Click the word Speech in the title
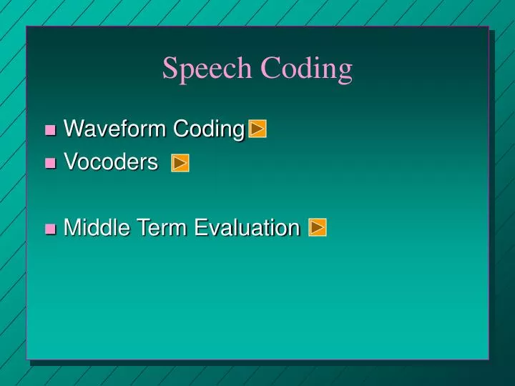[207, 69]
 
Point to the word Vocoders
[111, 163]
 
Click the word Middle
[91, 228]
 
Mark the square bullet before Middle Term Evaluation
[50, 229]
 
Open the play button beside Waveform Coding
[258, 129]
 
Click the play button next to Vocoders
[180, 164]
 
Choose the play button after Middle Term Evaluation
[318, 228]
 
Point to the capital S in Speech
[170, 69]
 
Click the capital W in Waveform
[72, 129]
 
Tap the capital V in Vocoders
[70, 163]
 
